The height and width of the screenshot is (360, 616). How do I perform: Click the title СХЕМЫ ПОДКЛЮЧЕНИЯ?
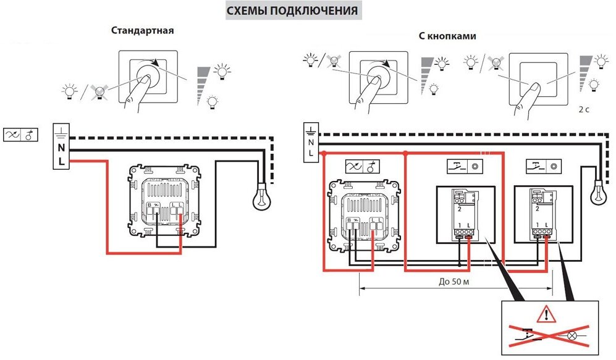point(292,11)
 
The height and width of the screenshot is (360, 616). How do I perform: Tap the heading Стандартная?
point(143,30)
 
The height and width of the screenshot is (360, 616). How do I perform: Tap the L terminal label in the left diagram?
point(61,162)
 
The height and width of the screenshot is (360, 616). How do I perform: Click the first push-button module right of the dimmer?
point(464,212)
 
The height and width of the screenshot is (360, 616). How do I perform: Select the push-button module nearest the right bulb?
point(542,212)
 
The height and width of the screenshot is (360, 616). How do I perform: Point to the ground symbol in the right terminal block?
point(311,130)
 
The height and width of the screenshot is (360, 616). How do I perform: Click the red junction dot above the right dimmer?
point(405,153)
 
